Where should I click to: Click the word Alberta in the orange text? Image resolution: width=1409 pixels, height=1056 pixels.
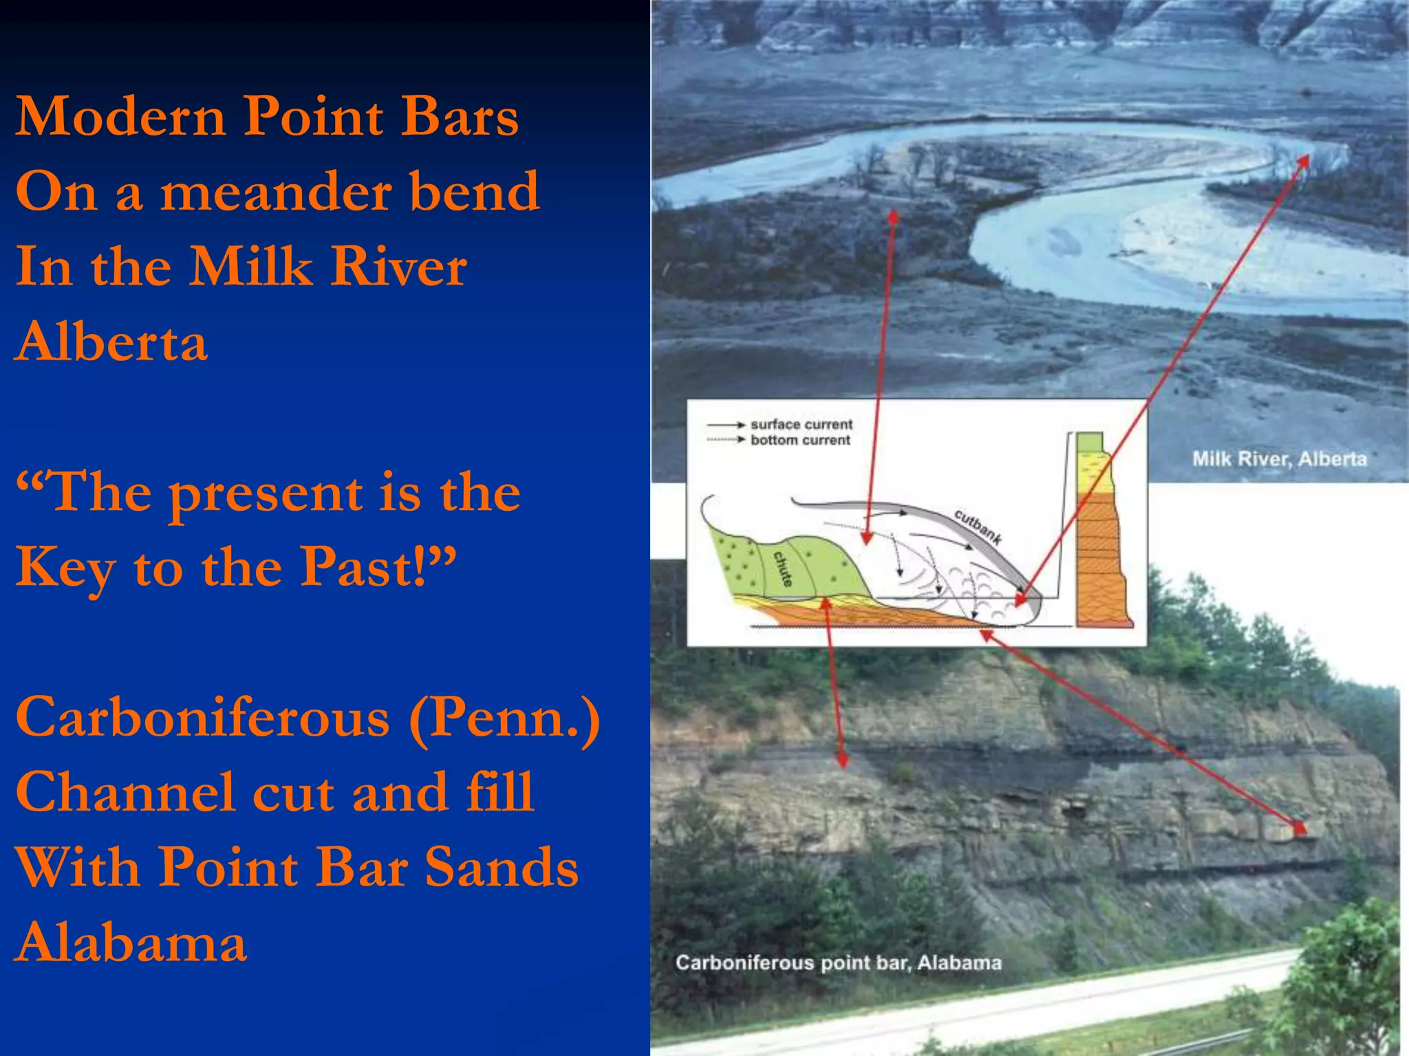point(111,342)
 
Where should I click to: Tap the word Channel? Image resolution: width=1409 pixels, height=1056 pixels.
point(125,792)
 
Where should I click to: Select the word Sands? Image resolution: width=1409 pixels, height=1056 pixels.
point(502,867)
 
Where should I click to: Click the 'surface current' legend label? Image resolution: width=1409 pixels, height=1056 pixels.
point(801,424)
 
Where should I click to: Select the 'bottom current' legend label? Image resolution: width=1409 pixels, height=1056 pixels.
point(800,440)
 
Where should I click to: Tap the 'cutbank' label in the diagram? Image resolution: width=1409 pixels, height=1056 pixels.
point(977,527)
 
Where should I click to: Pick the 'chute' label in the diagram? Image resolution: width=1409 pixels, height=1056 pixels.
point(782,568)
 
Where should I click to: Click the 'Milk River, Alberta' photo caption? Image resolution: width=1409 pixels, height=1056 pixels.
point(1279,459)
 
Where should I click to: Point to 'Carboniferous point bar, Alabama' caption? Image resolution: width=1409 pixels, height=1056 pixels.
point(838,962)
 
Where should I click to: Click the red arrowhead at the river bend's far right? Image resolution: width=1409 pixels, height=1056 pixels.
point(1302,161)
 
